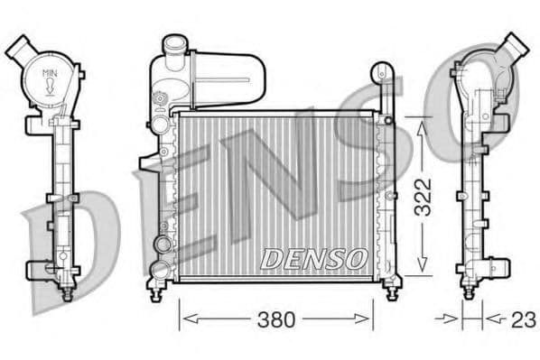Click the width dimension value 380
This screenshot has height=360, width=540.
tap(275, 318)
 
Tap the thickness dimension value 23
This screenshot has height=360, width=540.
tap(523, 318)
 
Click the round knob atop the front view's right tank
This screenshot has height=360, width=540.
tap(383, 70)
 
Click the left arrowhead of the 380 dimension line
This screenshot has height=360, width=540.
tap(184, 318)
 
